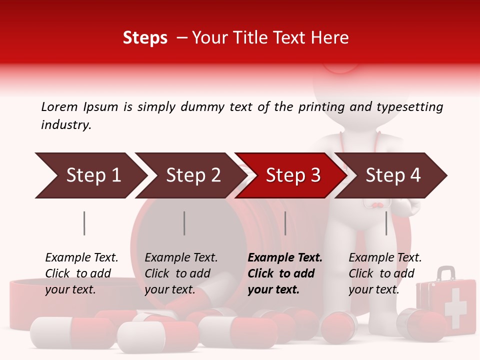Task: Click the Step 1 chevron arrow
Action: point(90,175)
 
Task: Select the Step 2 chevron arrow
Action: point(190,175)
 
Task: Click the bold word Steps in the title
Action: point(145,38)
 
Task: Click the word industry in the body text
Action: point(66,125)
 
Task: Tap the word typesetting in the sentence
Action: point(413,107)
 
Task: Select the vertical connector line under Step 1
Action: point(84,223)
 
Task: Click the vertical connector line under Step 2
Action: point(184,223)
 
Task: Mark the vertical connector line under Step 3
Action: point(285,223)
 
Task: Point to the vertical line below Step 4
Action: point(386,223)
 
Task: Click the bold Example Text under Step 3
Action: point(285,258)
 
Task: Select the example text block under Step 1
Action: point(81,273)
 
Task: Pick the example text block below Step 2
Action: point(180,273)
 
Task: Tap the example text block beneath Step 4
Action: point(384,273)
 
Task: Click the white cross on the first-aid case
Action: point(455,307)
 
